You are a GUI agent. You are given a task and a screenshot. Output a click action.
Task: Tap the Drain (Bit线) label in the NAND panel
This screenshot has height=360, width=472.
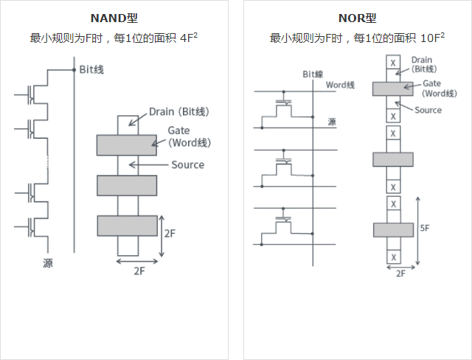179,111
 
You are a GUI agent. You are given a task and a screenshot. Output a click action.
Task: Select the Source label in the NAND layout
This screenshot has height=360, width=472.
187,165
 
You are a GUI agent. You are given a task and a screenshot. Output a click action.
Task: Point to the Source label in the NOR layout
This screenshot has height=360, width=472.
428,110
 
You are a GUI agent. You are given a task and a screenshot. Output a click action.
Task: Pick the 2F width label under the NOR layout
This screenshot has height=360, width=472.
401,273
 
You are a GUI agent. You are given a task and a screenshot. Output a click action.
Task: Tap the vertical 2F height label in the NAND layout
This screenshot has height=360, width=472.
170,233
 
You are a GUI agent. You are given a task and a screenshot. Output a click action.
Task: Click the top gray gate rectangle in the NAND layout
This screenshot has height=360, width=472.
126,145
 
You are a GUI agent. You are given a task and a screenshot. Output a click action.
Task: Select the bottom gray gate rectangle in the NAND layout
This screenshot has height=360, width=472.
126,225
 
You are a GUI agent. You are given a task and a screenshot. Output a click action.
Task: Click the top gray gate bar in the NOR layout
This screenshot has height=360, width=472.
392,89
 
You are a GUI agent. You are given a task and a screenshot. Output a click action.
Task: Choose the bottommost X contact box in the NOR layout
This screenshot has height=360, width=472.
394,257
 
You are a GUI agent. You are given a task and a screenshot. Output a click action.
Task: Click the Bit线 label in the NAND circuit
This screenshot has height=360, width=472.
91,69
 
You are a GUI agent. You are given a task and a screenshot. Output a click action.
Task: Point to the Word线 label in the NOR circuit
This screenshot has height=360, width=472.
341,86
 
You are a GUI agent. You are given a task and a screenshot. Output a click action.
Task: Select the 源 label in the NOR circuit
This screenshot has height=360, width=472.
331,122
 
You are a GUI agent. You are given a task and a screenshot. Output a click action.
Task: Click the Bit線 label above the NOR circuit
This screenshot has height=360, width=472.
313,75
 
